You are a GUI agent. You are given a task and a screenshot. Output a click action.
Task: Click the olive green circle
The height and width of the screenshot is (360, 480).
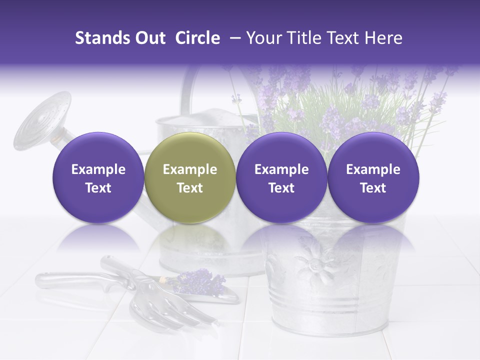point(190,177)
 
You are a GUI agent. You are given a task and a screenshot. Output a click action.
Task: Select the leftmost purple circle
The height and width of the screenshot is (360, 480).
point(98,177)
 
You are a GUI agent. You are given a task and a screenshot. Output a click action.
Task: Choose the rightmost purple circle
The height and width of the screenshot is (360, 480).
point(373,177)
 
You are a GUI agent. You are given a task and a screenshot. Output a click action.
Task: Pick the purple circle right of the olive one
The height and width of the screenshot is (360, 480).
point(281,177)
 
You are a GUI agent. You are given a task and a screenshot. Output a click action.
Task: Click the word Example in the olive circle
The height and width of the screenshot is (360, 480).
point(190,169)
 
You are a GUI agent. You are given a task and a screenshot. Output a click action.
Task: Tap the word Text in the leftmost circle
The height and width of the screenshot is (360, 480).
point(98,188)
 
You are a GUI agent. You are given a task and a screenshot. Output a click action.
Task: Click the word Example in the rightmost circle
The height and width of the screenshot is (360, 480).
point(373,169)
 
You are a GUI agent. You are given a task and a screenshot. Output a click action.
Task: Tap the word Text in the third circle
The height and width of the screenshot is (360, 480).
point(281,188)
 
